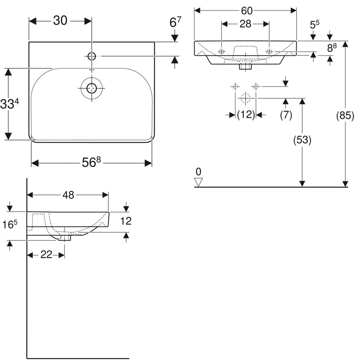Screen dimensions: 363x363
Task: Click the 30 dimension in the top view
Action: (x=60, y=21)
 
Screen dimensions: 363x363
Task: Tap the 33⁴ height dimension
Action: (x=9, y=104)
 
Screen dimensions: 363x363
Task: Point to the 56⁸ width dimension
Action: (x=91, y=163)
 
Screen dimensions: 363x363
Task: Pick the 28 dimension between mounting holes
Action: (x=245, y=24)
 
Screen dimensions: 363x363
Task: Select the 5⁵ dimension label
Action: (x=314, y=25)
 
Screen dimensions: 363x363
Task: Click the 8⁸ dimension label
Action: (x=332, y=48)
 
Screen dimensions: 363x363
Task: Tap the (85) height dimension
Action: (x=345, y=116)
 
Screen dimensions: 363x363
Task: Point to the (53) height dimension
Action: (x=302, y=140)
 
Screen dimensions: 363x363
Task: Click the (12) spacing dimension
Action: (x=246, y=115)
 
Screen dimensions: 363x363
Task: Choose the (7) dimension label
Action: (x=286, y=115)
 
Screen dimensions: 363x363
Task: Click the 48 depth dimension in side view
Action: (x=68, y=195)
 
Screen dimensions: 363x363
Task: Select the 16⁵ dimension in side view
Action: (x=10, y=225)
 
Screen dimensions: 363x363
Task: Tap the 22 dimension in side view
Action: (x=46, y=255)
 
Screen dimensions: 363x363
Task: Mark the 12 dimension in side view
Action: (x=126, y=221)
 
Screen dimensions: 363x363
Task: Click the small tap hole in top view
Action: (x=91, y=56)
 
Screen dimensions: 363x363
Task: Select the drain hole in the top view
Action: (x=91, y=88)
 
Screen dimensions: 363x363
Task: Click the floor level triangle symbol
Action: (x=199, y=182)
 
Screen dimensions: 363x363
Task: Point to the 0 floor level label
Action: (x=199, y=172)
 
